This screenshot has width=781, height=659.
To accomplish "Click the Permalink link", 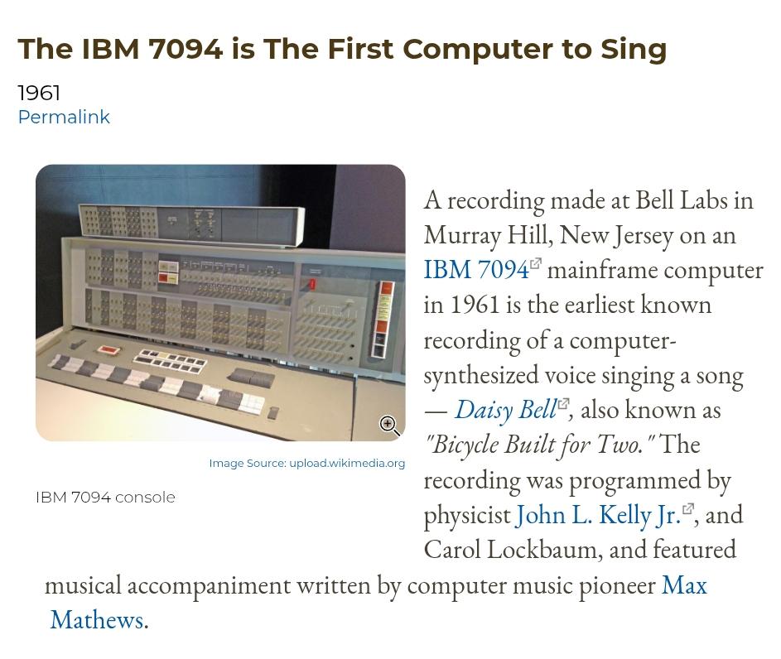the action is click(64, 117).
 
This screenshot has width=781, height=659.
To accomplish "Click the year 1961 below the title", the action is click(39, 93).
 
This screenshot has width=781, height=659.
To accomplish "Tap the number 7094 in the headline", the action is click(186, 49).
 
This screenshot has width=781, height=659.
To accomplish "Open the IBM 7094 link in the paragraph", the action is click(475, 270).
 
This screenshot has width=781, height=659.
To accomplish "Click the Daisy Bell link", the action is click(505, 410).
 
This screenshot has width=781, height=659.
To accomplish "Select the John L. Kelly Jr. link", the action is click(598, 515).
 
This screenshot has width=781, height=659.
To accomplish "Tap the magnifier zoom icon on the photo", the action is click(388, 425).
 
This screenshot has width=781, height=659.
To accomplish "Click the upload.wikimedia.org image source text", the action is click(347, 464).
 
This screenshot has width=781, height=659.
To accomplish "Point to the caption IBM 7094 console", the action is click(105, 498).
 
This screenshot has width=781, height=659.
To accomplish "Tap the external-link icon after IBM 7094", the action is click(536, 263).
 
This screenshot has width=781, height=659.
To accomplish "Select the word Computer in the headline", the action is click(477, 50).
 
